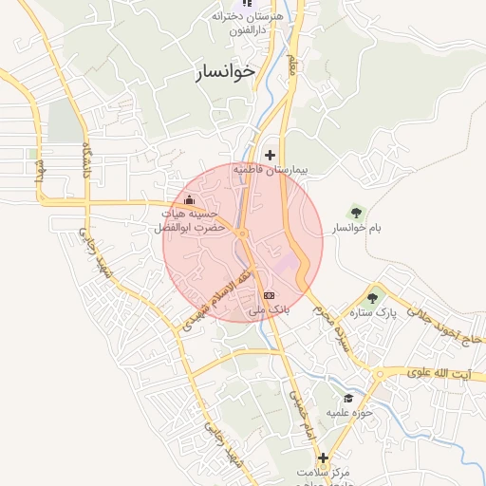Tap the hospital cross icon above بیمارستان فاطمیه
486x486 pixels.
coord(271,155)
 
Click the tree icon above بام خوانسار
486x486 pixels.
coord(357,212)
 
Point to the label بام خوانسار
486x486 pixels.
coord(353,229)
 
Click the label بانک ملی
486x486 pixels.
coord(270,310)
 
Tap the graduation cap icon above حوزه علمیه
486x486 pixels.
coord(348,399)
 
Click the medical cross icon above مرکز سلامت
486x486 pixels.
coord(324,458)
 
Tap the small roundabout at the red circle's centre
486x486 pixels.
coord(243,234)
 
